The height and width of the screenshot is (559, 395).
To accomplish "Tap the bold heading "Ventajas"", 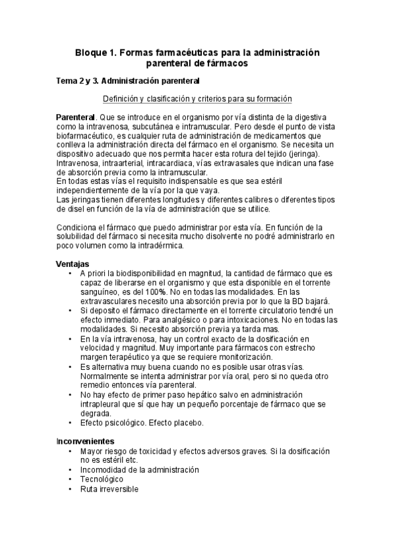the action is click(x=72, y=263).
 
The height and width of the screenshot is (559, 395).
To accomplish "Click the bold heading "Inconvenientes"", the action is click(x=86, y=440).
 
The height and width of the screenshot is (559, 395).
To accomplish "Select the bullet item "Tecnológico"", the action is click(x=107, y=480).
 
